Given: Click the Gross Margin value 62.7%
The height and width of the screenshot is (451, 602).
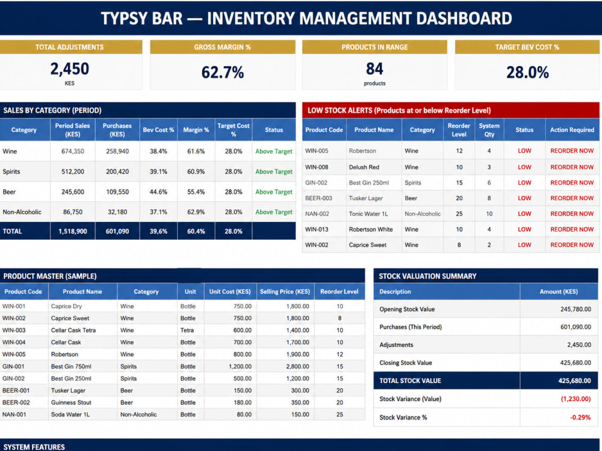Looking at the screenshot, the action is pos(223,72).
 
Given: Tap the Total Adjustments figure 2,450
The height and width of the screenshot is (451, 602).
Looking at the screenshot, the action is pos(69,69).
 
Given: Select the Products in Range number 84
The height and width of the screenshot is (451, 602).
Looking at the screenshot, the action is pos(374,69).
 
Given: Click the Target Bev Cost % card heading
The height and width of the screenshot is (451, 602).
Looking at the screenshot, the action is pos(527,47).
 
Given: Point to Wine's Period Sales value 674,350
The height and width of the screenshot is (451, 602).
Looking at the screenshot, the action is pos(73,151).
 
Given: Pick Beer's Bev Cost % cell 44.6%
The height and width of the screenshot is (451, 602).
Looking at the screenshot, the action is pos(158,192).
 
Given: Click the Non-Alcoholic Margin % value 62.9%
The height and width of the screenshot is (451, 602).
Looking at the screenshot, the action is pos(196,212).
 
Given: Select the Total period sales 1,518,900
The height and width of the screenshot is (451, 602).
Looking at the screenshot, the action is pos(73,232).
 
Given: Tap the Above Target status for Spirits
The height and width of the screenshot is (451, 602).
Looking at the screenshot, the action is pos(274,171).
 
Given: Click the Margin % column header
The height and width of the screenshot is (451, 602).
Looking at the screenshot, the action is pos(196,130).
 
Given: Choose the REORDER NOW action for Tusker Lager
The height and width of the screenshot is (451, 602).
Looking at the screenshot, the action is pos(572,198).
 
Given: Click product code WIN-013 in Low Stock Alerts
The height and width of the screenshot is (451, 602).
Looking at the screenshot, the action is pos(317,229).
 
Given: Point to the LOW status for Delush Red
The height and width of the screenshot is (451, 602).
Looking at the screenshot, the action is pos(524,167).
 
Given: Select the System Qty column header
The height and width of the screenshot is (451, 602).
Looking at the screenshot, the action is pos(489,130).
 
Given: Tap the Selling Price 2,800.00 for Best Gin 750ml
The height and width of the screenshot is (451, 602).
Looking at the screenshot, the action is pos(297,366).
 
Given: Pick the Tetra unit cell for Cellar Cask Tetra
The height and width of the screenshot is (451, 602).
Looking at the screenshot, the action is pos(187,330).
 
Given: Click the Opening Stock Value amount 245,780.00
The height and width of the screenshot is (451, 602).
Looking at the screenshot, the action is pos(576,309).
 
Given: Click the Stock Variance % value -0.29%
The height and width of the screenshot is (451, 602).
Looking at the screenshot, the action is pos(580,417).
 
